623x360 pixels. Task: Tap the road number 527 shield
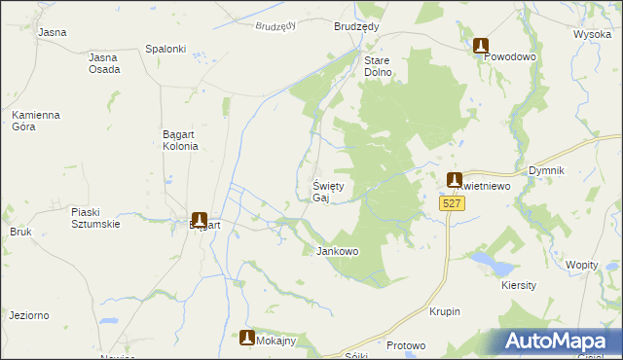(451, 203)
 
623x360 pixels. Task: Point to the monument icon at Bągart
(200, 220)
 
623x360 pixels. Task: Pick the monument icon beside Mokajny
(247, 338)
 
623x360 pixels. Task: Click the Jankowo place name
(338, 251)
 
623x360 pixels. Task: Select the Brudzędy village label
(356, 27)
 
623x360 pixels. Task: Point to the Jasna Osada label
(104, 63)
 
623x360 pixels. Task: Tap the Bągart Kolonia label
(180, 140)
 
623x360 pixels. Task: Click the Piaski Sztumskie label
(95, 217)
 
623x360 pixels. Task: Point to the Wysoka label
(592, 33)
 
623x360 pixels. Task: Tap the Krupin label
(444, 311)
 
